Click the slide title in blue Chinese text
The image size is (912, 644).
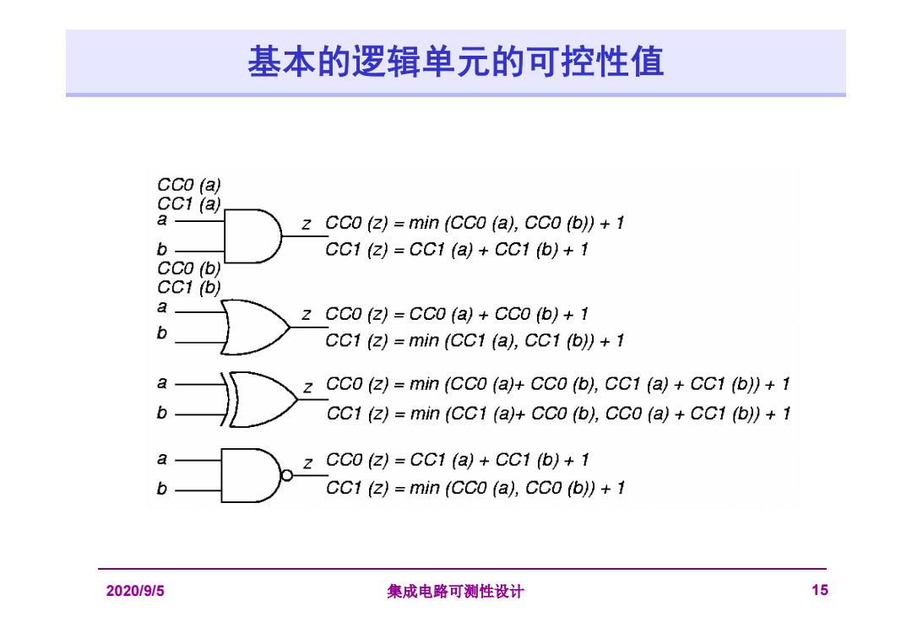point(455,62)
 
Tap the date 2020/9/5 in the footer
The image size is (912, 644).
point(135,591)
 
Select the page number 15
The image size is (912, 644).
point(819,591)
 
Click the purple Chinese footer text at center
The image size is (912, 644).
point(455,592)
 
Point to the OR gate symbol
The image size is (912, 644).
point(255,327)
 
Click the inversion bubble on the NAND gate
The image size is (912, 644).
point(287,475)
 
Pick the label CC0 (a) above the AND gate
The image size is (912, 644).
point(189,185)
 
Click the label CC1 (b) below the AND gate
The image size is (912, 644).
point(189,287)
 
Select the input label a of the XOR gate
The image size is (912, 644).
point(162,383)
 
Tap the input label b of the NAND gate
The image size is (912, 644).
point(161,488)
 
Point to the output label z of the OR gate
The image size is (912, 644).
point(307,315)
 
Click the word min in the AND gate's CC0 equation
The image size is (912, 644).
point(423,223)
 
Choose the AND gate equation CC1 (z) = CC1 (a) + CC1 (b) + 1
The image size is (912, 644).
point(457,250)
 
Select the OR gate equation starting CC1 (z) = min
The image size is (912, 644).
point(475,341)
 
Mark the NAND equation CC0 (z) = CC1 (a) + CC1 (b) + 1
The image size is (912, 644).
point(457,460)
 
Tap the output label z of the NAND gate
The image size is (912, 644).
point(307,463)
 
